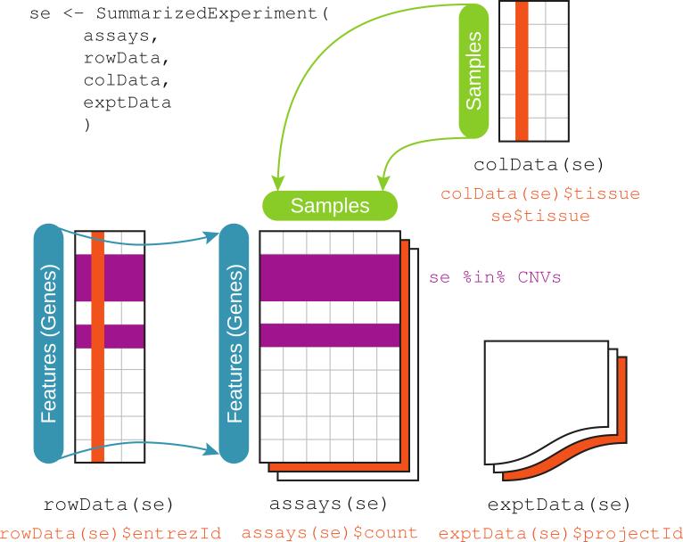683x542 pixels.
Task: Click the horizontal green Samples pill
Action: point(330,206)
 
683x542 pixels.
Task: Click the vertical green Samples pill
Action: point(474,71)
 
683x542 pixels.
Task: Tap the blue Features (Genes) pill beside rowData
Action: point(48,343)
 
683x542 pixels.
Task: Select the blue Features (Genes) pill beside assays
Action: point(234,343)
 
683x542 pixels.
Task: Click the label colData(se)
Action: point(539,165)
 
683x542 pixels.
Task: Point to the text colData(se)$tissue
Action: point(540,193)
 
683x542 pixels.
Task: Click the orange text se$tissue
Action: point(540,216)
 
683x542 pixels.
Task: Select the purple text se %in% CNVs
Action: point(495,277)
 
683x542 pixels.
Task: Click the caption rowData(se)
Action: point(109,505)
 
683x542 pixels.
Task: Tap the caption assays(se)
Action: point(328,504)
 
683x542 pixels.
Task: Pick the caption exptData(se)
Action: point(559,505)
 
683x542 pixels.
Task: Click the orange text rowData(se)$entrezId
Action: point(111,533)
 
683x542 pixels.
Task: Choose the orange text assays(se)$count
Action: point(330,533)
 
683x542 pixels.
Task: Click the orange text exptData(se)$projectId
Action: point(561,533)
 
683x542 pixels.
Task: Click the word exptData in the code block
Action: point(128,103)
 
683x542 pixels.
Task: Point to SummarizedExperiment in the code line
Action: point(207,13)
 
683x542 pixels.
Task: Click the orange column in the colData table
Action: point(522,71)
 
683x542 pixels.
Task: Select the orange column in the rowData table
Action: point(98,347)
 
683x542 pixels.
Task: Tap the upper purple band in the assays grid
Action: point(330,278)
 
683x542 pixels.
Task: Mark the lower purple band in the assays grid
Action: point(330,335)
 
